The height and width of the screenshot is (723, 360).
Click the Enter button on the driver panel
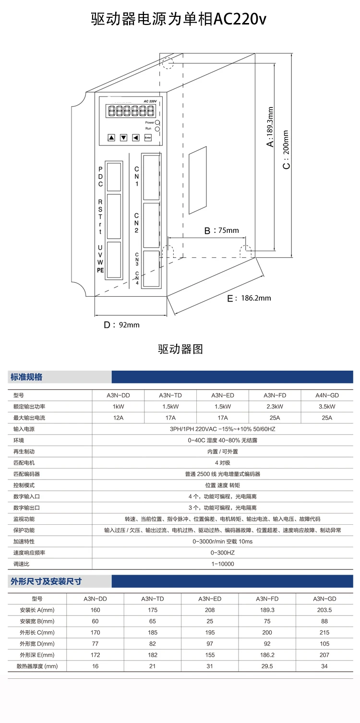(x=148, y=137)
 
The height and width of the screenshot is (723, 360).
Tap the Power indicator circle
(x=157, y=123)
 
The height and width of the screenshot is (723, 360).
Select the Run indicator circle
(x=157, y=129)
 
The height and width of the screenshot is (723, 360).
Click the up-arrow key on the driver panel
(x=112, y=137)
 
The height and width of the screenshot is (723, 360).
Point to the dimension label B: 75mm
(x=221, y=230)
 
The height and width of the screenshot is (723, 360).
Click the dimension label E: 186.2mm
(x=249, y=298)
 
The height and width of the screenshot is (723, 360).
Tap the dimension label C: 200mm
(x=286, y=149)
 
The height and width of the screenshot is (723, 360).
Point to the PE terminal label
(x=100, y=270)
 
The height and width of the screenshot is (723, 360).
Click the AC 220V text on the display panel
(x=150, y=101)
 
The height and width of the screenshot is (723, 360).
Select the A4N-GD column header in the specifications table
(x=327, y=395)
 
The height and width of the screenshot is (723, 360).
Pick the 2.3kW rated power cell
(x=275, y=407)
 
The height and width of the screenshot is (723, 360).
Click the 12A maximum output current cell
(x=118, y=418)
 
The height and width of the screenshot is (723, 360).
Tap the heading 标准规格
(x=26, y=377)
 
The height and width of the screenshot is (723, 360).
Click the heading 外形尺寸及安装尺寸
(x=46, y=581)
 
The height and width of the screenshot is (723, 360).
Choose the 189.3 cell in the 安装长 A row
(x=267, y=610)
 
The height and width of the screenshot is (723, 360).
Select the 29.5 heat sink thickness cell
(x=267, y=666)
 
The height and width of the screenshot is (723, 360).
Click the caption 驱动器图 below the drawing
(x=180, y=349)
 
